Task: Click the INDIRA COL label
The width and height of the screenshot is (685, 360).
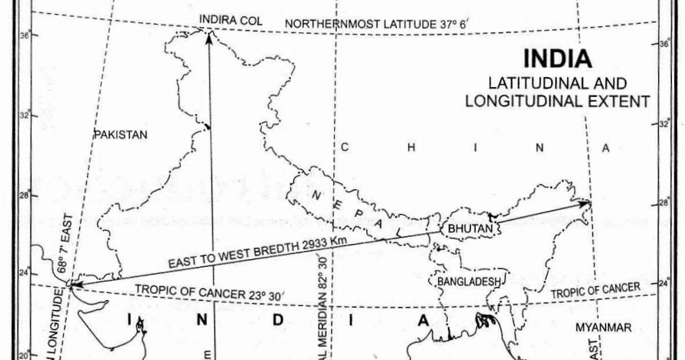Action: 227,18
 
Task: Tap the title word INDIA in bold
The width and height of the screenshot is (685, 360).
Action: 557,59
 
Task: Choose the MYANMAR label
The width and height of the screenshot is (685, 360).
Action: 603,328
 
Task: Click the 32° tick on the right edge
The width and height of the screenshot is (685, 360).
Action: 664,123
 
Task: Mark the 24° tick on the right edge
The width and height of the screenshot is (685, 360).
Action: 664,283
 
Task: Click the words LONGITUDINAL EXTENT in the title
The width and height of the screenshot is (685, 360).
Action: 558,100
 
